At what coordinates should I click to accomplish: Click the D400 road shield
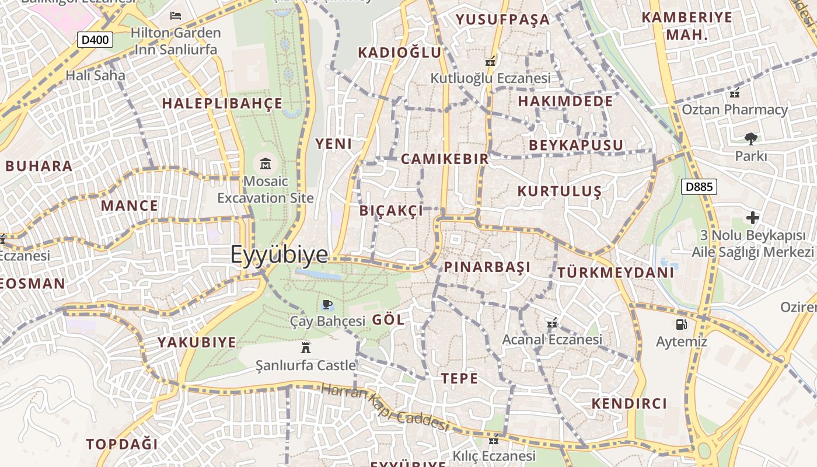pyautogui.click(x=95, y=40)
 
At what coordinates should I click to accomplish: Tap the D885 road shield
pyautogui.click(x=699, y=187)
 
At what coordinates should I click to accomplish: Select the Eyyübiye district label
pyautogui.click(x=279, y=255)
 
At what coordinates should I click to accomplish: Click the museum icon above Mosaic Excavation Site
pyautogui.click(x=266, y=163)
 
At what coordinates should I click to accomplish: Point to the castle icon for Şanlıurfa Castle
pyautogui.click(x=305, y=348)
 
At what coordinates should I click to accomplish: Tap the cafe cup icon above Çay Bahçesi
pyautogui.click(x=327, y=304)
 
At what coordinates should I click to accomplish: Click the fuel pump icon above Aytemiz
pyautogui.click(x=681, y=325)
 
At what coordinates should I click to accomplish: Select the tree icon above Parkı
pyautogui.click(x=750, y=139)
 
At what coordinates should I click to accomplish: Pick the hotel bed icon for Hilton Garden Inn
pyautogui.click(x=175, y=15)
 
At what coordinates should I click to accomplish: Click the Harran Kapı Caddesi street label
pyautogui.click(x=385, y=407)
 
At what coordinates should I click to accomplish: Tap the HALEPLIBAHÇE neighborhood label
pyautogui.click(x=222, y=104)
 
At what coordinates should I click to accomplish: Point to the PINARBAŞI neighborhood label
pyautogui.click(x=487, y=267)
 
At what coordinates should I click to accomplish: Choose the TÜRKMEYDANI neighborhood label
pyautogui.click(x=616, y=273)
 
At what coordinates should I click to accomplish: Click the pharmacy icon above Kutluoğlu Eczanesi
pyautogui.click(x=490, y=61)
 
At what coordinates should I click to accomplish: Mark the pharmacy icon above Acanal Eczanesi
pyautogui.click(x=551, y=322)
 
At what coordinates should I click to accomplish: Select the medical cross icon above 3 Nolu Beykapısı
pyautogui.click(x=753, y=218)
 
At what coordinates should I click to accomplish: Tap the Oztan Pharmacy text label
pyautogui.click(x=735, y=110)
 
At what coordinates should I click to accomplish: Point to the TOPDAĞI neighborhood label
pyautogui.click(x=122, y=444)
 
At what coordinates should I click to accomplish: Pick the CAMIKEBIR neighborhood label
pyautogui.click(x=445, y=159)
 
